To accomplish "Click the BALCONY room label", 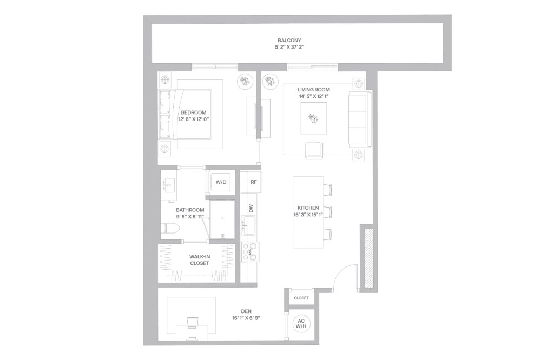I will point(289,40).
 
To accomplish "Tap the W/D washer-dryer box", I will point(221,183).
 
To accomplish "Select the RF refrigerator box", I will point(253,182).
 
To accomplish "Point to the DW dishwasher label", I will point(251,208).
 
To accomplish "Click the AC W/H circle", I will point(301,325).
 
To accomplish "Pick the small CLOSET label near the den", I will point(301,298).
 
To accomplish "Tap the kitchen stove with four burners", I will point(249,251).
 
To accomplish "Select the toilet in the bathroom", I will point(170,229).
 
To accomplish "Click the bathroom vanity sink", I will point(169,185).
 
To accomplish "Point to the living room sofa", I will point(360,119).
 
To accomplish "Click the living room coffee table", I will point(314,117).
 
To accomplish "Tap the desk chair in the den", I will point(193,323).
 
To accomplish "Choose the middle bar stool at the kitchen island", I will point(327,211).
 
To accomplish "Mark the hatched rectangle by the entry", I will point(368,258).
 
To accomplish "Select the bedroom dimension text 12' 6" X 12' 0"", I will point(193,119).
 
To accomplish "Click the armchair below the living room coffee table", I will point(314,150).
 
